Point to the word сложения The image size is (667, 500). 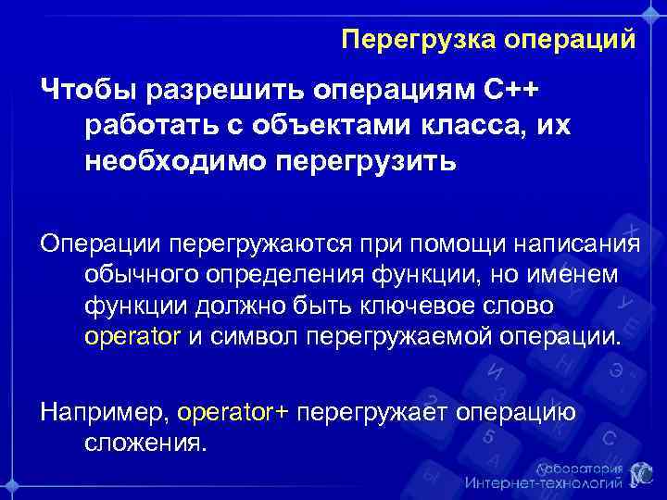[x=145, y=442]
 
